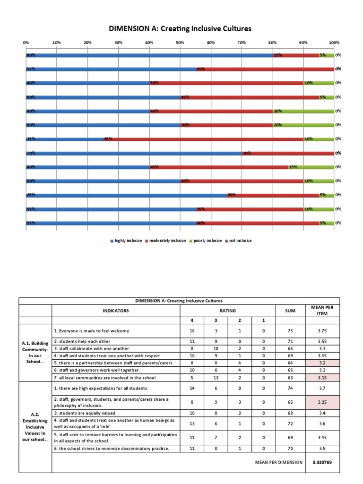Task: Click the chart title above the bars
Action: click(181, 29)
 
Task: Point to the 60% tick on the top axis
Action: click(211, 43)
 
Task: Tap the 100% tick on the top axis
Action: click(334, 43)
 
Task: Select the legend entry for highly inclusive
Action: click(127, 241)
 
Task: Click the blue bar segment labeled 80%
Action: click(149, 55)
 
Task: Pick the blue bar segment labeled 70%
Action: click(134, 153)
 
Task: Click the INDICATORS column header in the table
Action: click(115, 311)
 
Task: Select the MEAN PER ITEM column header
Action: click(322, 311)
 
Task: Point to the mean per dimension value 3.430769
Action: click(322, 462)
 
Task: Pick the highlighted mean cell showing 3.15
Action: click(322, 378)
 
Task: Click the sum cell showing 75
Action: click(291, 331)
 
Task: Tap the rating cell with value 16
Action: click(192, 331)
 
